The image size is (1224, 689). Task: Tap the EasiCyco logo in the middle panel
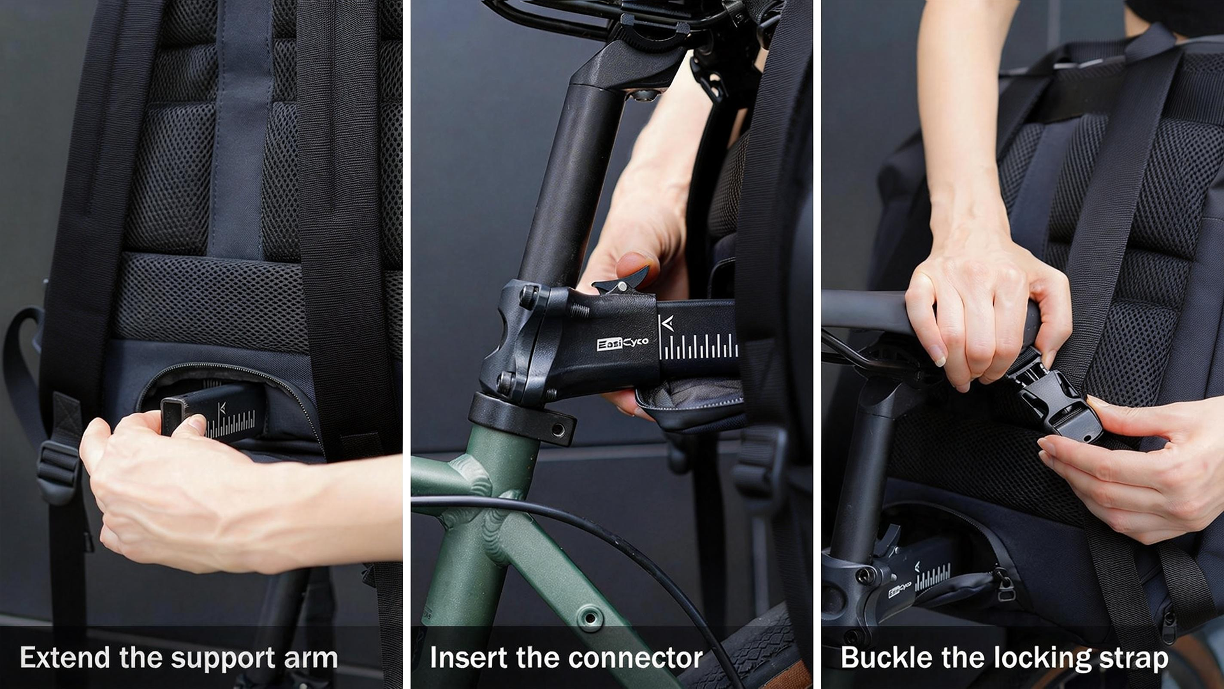tap(623, 343)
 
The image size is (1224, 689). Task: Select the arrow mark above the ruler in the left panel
tap(222, 407)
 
